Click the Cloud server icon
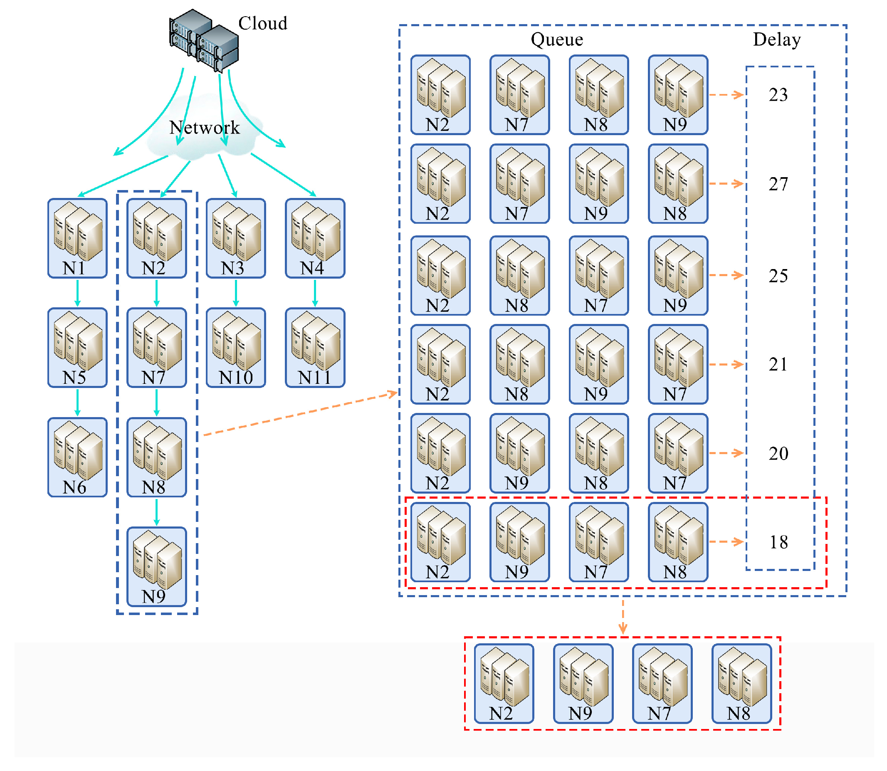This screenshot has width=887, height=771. [204, 40]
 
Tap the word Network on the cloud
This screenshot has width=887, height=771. [204, 128]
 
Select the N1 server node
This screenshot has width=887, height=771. [77, 238]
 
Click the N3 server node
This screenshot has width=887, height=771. [236, 238]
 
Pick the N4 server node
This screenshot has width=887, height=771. [315, 238]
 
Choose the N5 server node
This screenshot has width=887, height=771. [77, 348]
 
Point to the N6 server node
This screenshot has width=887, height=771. [77, 457]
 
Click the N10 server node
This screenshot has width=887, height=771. [236, 348]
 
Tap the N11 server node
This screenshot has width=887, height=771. [315, 348]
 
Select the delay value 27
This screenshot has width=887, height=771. [778, 184]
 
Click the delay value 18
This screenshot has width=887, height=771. [778, 542]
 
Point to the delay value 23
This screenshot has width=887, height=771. [778, 95]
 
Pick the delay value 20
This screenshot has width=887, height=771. [778, 453]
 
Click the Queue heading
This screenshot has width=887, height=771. [557, 40]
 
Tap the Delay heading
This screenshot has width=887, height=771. [777, 40]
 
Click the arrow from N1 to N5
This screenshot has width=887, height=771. [77, 293]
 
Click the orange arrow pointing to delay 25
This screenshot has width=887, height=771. [726, 275]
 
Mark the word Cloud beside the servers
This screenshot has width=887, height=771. [262, 23]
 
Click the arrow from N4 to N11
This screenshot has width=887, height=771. [315, 293]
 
